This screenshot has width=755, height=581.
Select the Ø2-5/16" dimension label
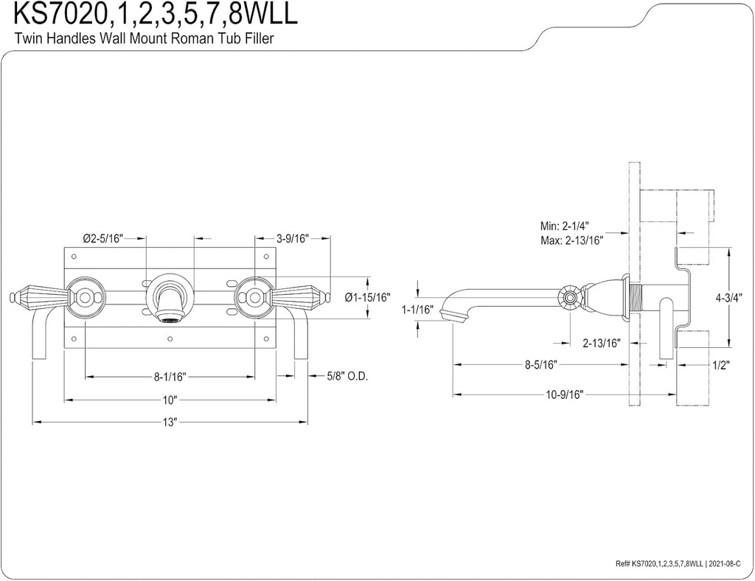click(102, 238)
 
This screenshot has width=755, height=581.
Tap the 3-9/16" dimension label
click(293, 238)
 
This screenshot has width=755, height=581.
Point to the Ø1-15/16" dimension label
click(367, 297)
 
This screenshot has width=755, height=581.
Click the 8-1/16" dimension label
click(170, 376)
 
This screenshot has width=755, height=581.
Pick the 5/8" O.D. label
click(348, 376)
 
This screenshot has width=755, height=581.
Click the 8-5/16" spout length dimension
click(541, 364)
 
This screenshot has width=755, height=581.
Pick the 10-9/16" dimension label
click(565, 394)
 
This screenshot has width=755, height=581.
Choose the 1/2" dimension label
click(721, 364)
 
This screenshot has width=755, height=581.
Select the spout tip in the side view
click(451, 315)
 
